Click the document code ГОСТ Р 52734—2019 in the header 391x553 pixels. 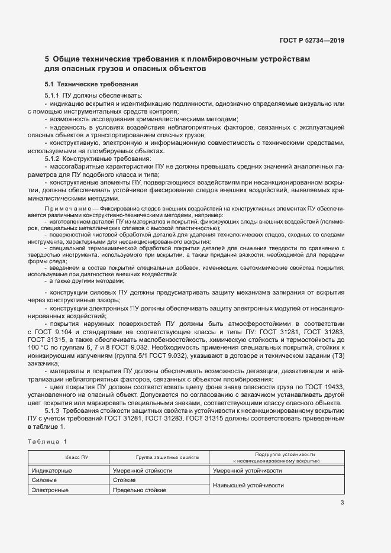(x=312, y=40)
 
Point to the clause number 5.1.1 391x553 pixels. (x=53, y=96)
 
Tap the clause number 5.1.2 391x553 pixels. (x=53, y=160)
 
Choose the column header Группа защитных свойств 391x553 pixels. (x=159, y=457)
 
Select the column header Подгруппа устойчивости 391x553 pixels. (x=276, y=454)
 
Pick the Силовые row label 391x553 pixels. (x=44, y=480)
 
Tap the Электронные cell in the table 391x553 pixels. (x=50, y=490)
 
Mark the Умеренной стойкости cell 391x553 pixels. (x=143, y=471)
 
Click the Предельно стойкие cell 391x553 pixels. (x=139, y=490)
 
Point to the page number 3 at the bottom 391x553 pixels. (x=342, y=503)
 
